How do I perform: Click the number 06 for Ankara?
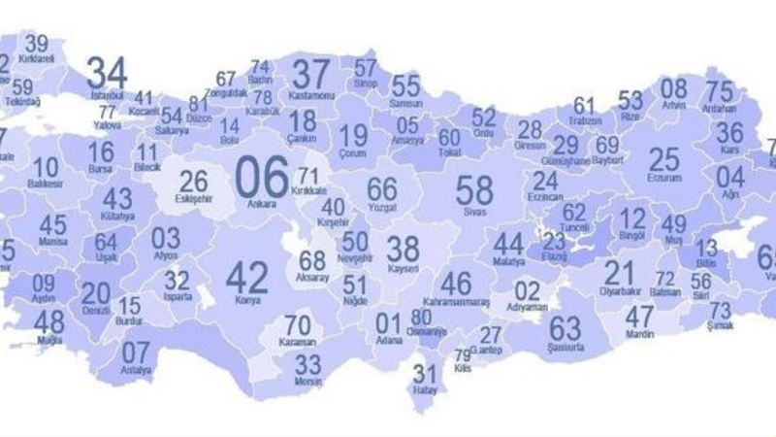pos(262,175)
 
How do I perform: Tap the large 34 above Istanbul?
pos(108,72)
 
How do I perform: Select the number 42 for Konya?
pos(246,278)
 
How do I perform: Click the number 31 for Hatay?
pos(424,373)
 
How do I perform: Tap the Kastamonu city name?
pos(312,95)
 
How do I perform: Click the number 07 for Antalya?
pos(136,353)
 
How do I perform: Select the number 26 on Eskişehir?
pos(194,181)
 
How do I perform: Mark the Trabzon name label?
pos(585,121)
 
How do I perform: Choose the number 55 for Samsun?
pos(406,85)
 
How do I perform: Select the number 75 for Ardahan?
pos(719,92)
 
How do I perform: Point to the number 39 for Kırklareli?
pos(38,44)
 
